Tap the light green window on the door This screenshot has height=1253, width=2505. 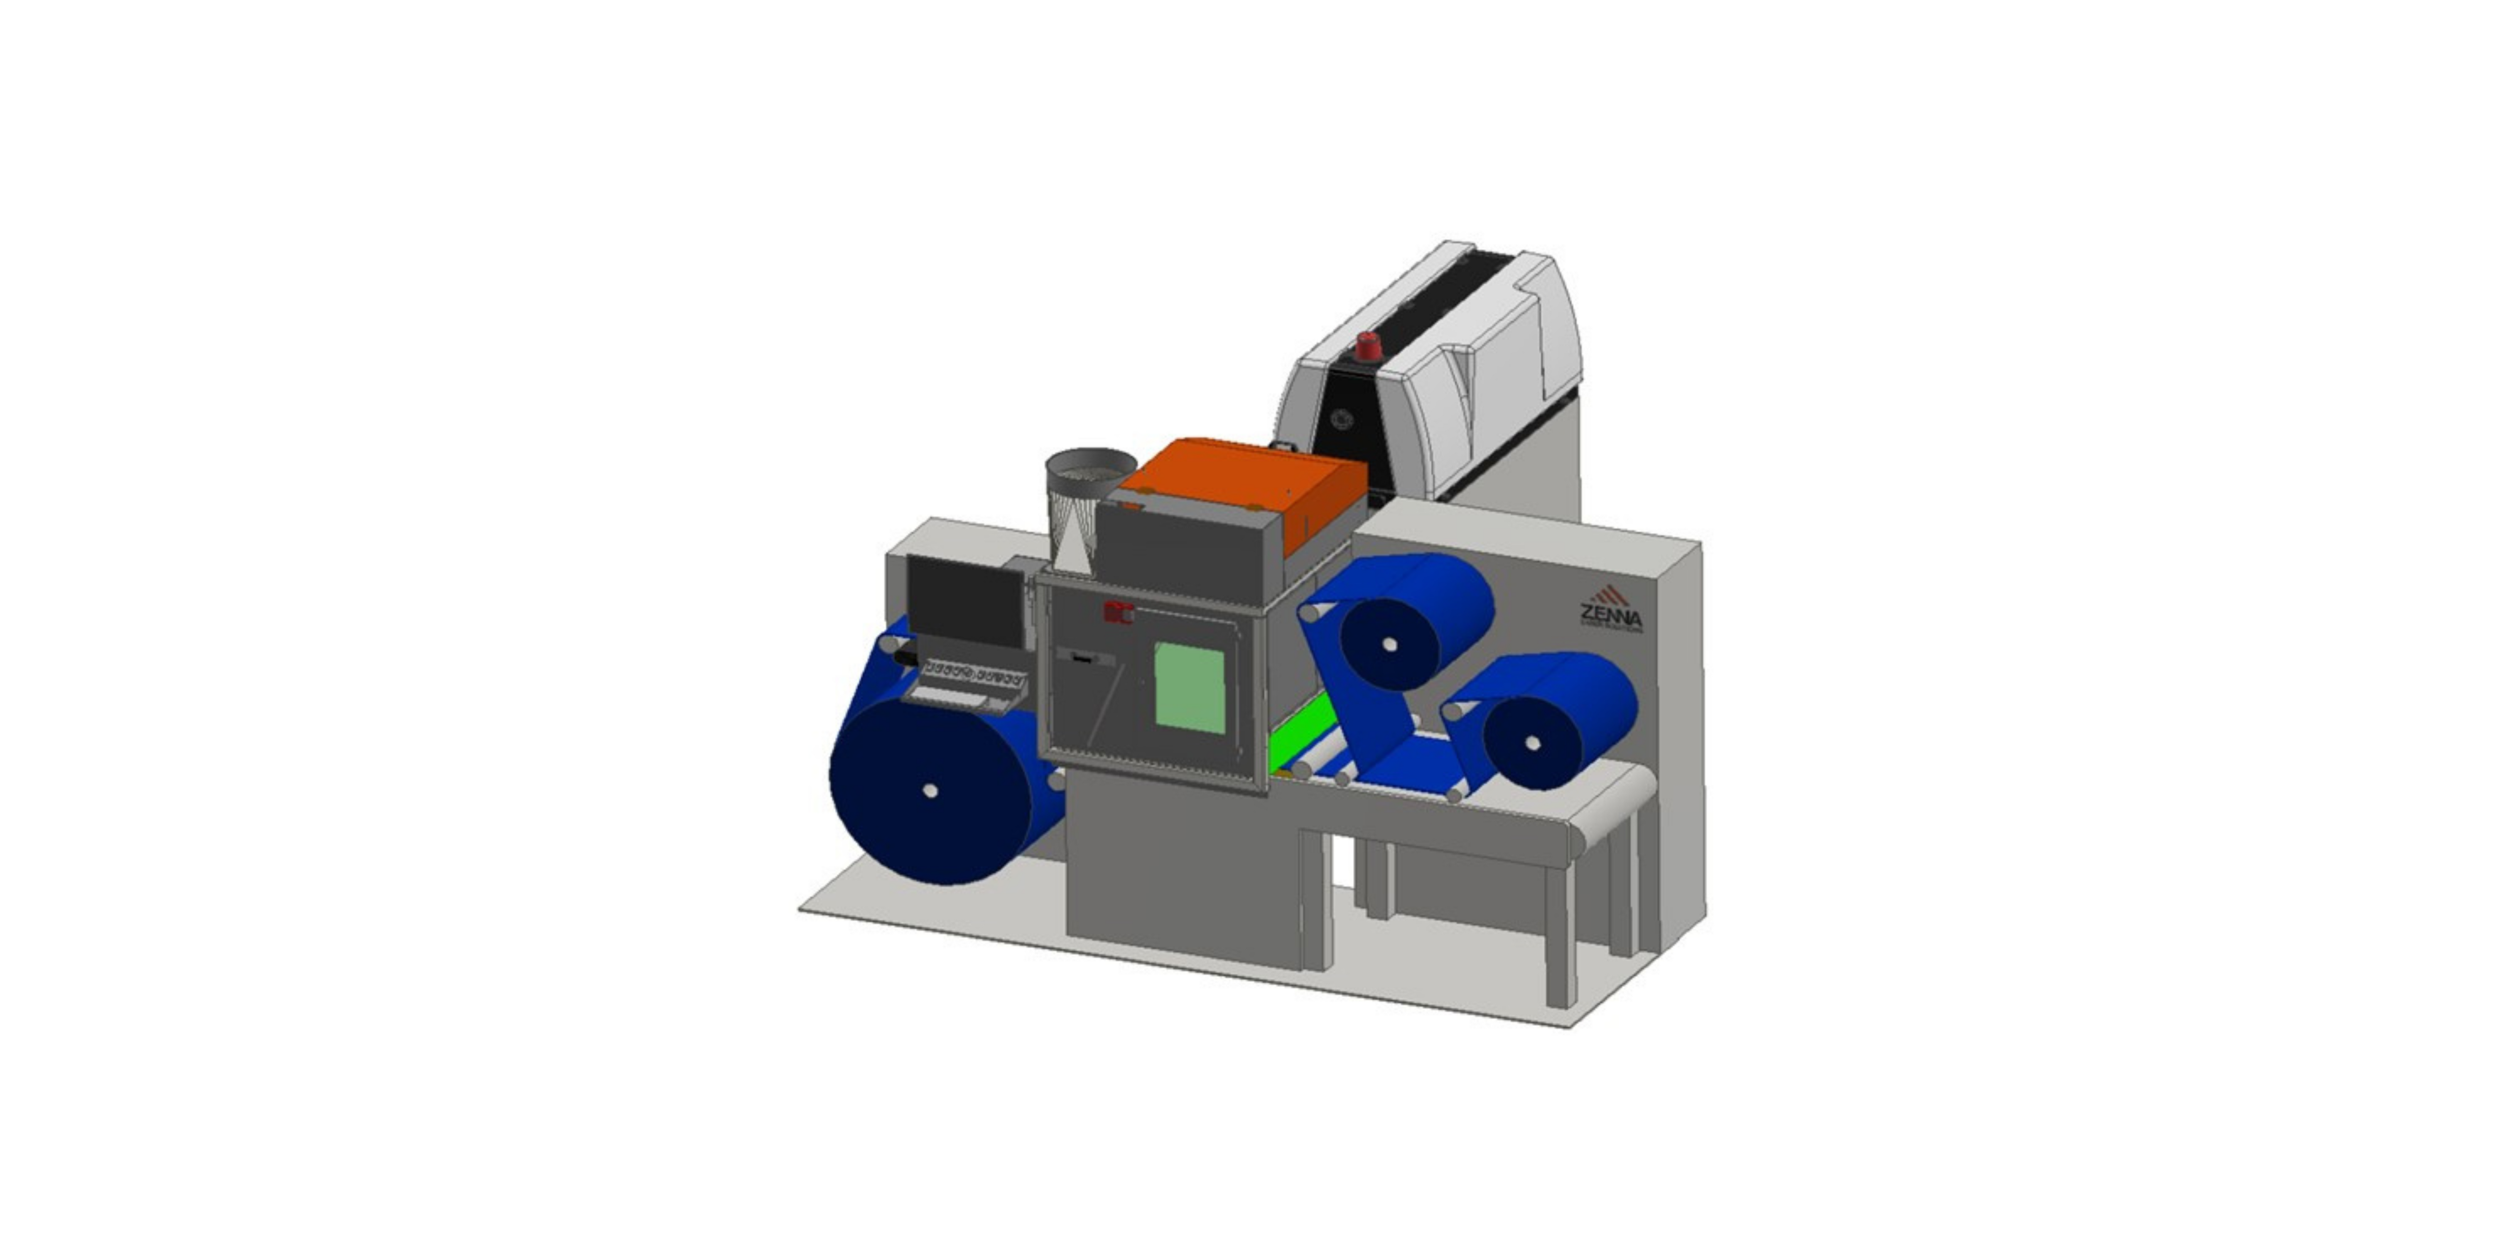coord(1189,688)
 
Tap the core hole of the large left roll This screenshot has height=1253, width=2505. coord(931,790)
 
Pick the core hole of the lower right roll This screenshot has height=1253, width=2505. coord(1533,743)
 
